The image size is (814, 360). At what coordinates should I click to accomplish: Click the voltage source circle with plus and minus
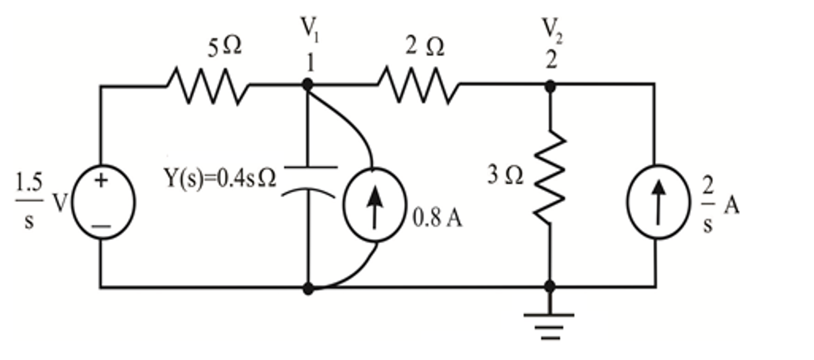tap(103, 202)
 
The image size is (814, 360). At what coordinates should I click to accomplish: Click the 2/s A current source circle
tap(658, 202)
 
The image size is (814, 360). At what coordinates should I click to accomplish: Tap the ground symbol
tap(549, 326)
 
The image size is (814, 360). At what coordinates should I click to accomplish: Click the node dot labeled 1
tap(308, 84)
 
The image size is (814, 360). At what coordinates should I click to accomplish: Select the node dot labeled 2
tap(550, 86)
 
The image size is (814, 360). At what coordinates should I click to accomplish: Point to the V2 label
tap(552, 30)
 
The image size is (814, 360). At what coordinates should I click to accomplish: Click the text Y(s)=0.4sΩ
tap(220, 178)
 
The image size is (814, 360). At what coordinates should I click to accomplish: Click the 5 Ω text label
tap(224, 47)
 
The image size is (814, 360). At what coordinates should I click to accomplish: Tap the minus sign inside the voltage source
tap(102, 226)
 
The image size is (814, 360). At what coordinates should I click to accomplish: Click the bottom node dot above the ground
tap(549, 286)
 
